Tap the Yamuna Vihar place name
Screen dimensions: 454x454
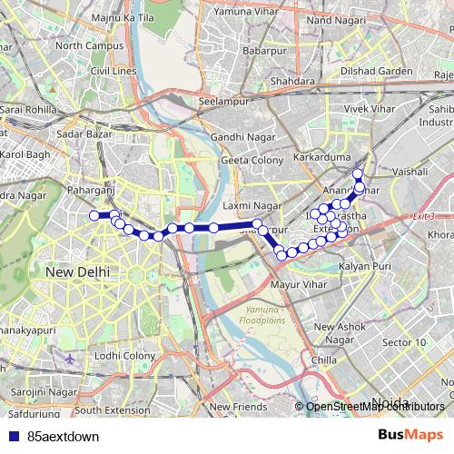(246, 13)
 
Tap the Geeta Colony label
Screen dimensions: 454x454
(251, 160)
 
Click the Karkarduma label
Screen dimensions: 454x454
(303, 156)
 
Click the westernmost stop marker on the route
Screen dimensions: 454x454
(94, 215)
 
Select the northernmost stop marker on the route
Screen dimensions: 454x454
(358, 173)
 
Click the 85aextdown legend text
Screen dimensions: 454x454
(64, 436)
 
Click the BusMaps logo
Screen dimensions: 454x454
(410, 435)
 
